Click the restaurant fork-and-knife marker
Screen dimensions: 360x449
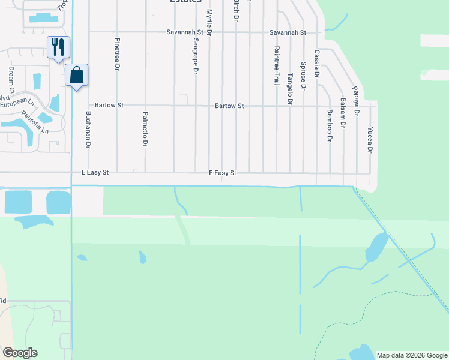(x=58, y=47)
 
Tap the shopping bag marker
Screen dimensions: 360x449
(x=76, y=75)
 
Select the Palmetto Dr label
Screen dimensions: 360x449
(x=145, y=129)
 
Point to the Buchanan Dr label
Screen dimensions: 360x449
(x=88, y=130)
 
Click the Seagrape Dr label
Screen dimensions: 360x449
(x=196, y=57)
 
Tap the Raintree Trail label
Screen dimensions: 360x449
(x=277, y=65)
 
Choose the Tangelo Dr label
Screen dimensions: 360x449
(x=290, y=89)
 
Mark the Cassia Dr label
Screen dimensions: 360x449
(x=317, y=64)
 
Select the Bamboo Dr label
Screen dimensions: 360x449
(x=330, y=125)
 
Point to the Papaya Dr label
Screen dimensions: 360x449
(x=356, y=100)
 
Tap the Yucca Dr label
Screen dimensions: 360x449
(x=370, y=140)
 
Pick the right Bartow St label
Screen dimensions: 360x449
(x=229, y=106)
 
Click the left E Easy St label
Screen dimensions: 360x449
(x=95, y=172)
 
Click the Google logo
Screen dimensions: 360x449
(x=20, y=353)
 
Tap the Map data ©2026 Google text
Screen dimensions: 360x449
(x=411, y=355)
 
